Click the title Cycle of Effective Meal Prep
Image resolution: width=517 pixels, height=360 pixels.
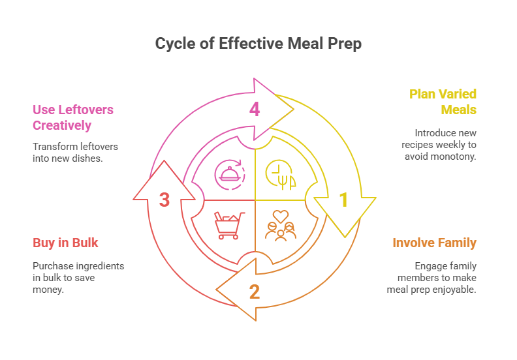point(258,44)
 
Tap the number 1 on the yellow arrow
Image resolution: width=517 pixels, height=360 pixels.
point(343,200)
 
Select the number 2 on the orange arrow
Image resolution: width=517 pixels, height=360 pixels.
point(254,292)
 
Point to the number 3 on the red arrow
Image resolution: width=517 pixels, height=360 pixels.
point(164,200)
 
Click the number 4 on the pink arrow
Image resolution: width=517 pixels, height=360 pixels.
point(255,109)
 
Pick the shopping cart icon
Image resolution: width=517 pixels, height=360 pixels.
point(229,226)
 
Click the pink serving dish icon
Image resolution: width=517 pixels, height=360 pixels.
point(229,174)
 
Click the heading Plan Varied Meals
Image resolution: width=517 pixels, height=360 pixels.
point(443,102)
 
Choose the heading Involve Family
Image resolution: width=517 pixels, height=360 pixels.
point(434,243)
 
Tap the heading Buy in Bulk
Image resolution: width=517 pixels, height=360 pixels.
point(65,243)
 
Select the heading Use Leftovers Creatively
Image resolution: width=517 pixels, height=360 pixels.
point(73,117)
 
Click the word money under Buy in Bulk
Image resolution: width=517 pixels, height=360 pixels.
point(48,289)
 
